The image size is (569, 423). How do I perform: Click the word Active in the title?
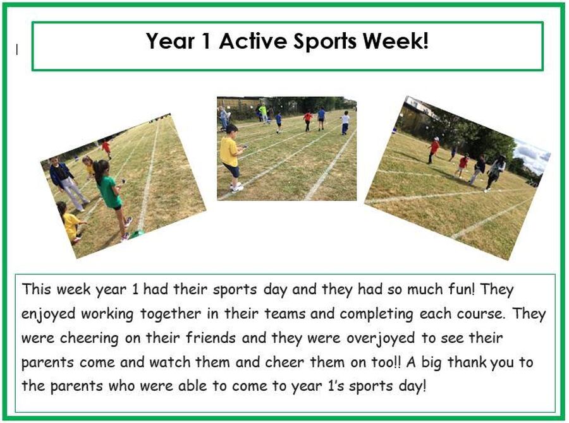pyautogui.click(x=253, y=40)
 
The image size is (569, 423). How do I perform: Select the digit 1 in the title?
pyautogui.click(x=205, y=40)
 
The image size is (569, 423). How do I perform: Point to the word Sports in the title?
pyautogui.click(x=325, y=41)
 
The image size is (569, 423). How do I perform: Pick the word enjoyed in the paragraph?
pyautogui.click(x=48, y=314)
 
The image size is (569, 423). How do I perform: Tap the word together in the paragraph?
pyautogui.click(x=171, y=314)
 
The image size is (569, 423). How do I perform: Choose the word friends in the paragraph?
pyautogui.click(x=211, y=338)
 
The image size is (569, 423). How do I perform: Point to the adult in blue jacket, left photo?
pyautogui.click(x=68, y=184)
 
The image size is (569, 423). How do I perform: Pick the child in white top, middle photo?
pyautogui.click(x=345, y=123)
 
